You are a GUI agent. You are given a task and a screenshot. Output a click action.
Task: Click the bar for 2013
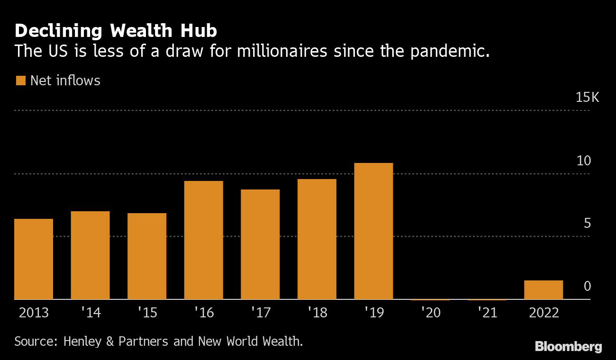(34, 259)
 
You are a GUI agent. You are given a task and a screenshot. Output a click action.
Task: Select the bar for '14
(90, 255)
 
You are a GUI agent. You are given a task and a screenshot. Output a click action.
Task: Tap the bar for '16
(203, 240)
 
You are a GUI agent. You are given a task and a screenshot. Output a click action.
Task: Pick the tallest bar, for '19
(373, 231)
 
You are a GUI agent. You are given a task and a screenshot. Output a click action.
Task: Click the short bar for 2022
(544, 290)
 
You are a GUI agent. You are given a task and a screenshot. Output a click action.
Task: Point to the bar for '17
(260, 244)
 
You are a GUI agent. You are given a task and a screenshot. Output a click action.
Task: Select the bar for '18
(317, 239)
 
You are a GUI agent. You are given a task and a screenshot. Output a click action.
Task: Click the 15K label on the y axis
(587, 98)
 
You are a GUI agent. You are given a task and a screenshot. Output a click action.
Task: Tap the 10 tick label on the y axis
(584, 161)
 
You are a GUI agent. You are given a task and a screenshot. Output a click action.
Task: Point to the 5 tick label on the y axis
(587, 223)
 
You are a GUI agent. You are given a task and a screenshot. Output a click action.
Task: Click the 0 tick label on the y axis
(587, 286)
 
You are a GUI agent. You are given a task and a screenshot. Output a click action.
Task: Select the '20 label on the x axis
(430, 313)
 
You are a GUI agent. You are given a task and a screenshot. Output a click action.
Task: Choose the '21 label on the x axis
(487, 313)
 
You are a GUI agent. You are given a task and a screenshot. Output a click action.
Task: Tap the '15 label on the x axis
(147, 313)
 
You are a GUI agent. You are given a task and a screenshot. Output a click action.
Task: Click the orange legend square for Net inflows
(20, 81)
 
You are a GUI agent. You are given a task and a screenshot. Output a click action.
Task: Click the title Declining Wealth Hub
(116, 31)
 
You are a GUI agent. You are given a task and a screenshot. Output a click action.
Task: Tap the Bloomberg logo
(568, 347)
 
